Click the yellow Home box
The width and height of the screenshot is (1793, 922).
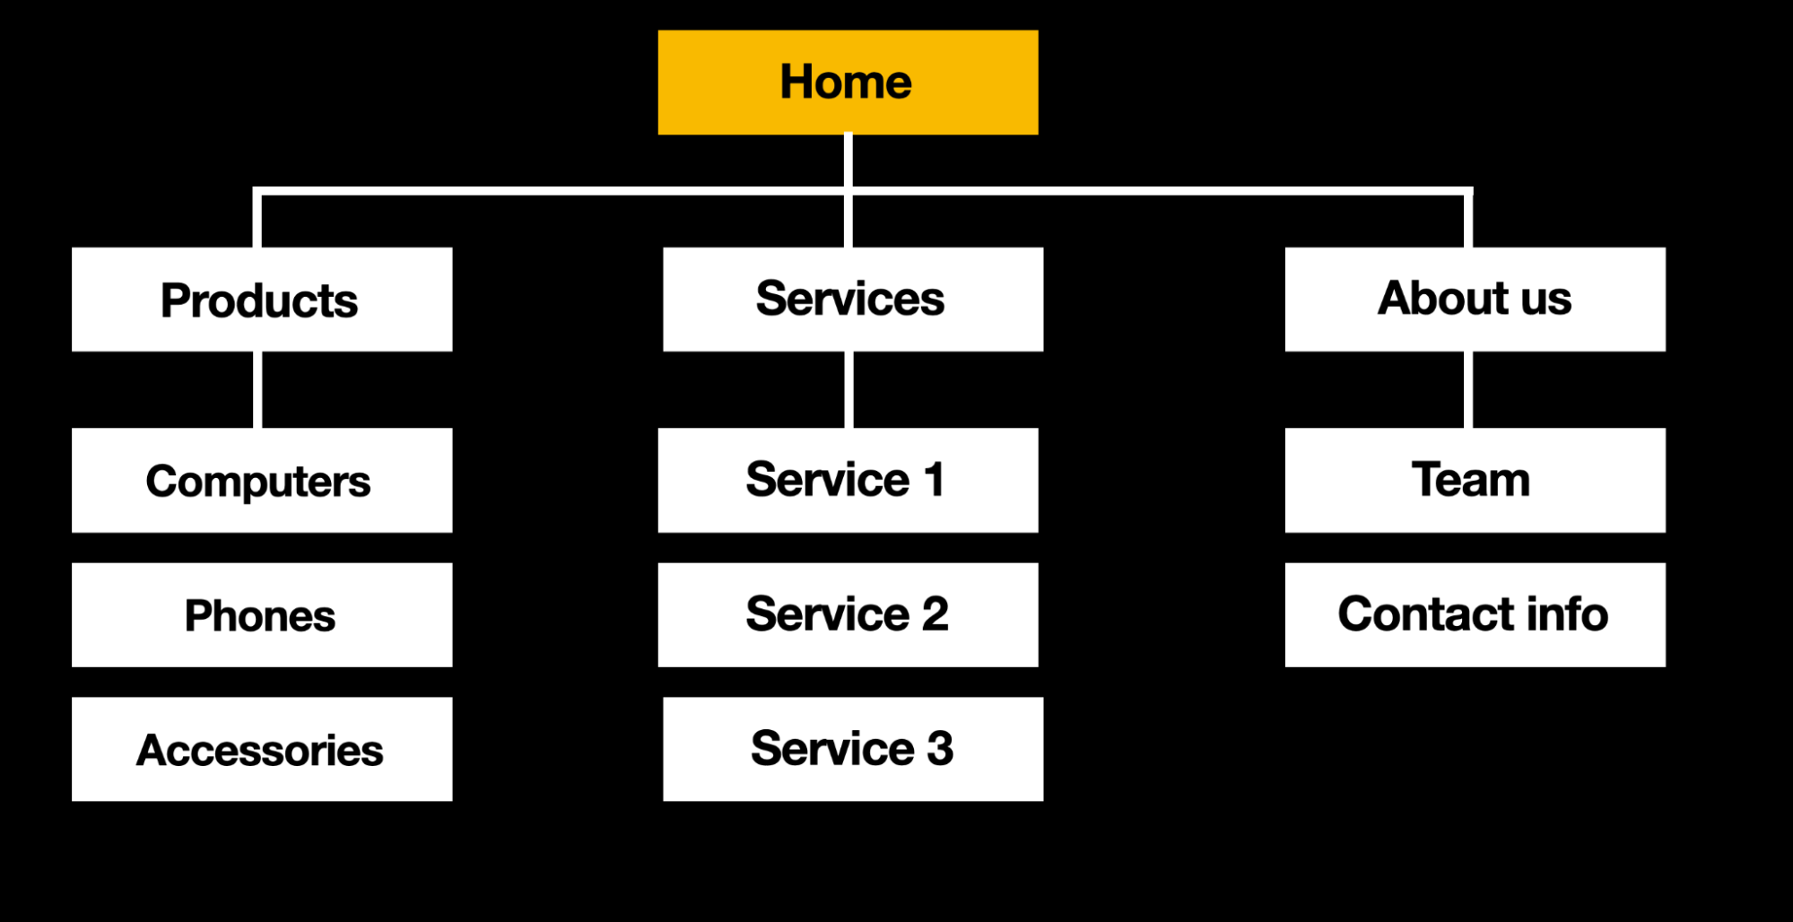(x=848, y=83)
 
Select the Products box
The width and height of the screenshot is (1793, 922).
(x=262, y=300)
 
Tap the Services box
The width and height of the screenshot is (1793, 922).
(x=853, y=300)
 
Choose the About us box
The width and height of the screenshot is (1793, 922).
(x=1475, y=300)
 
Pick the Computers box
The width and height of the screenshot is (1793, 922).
(x=262, y=481)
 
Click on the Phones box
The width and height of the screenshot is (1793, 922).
(x=262, y=615)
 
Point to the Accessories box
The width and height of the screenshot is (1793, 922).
(x=262, y=750)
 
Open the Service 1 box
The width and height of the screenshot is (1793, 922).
(x=848, y=481)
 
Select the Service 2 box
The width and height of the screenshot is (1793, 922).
(x=848, y=615)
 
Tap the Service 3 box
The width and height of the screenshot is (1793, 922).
(x=853, y=750)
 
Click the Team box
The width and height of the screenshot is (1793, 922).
(x=1475, y=481)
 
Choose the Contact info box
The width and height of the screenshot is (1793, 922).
(x=1475, y=615)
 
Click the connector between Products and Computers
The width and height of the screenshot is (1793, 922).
(x=257, y=389)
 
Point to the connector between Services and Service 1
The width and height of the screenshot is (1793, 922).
(x=849, y=389)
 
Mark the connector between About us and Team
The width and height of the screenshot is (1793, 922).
(x=1468, y=389)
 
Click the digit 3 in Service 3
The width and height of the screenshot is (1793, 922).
(x=940, y=749)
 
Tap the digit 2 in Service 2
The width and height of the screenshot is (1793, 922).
(x=935, y=614)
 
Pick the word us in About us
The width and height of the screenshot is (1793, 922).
(x=1546, y=299)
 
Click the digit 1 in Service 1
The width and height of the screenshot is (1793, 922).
(x=934, y=480)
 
